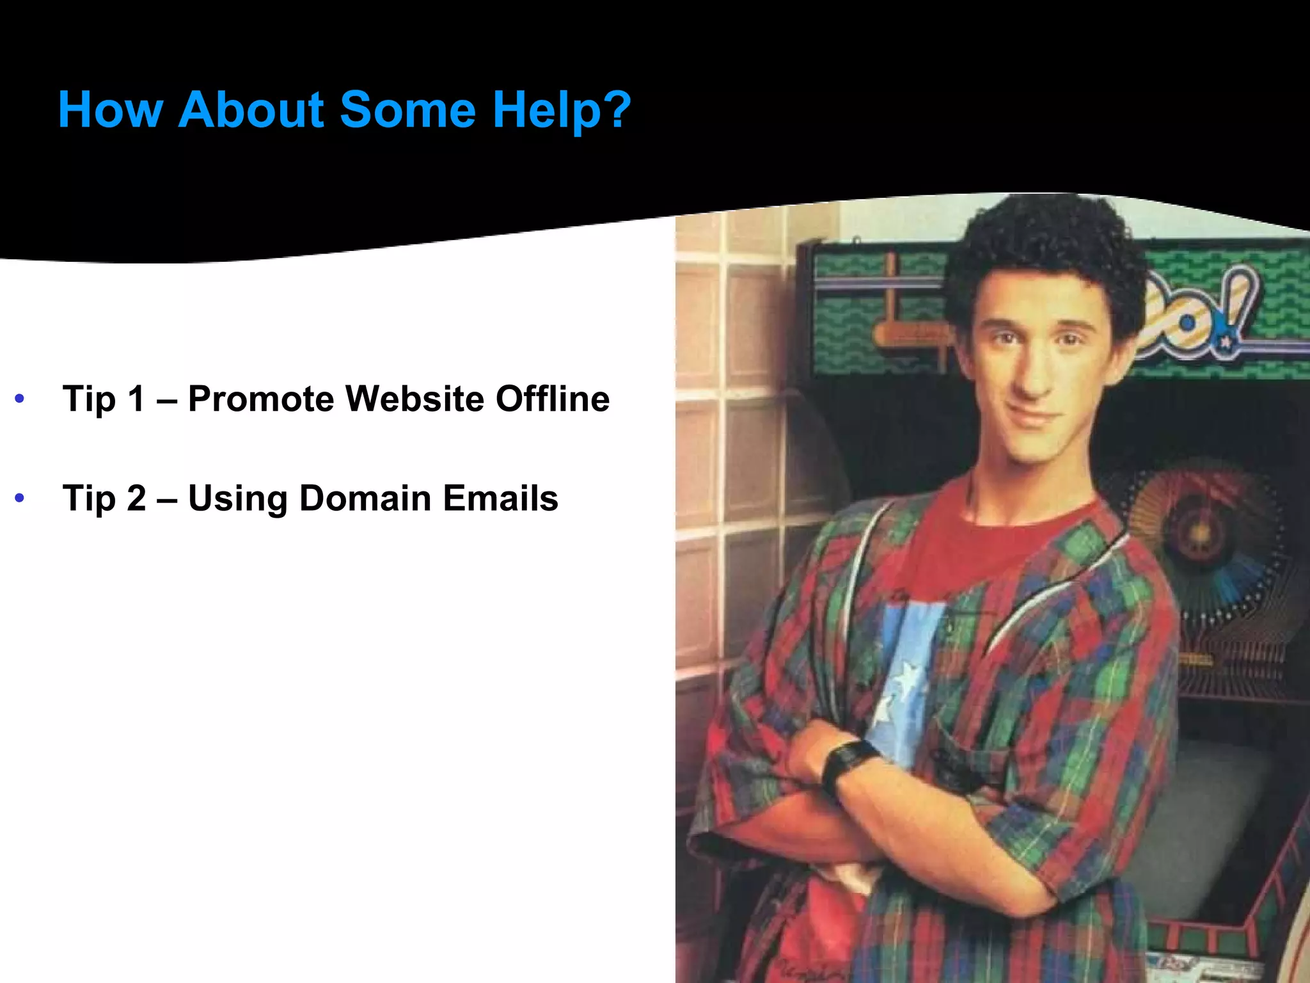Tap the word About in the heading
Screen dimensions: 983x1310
252,110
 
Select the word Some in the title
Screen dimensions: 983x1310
407,110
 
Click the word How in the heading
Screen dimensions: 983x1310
110,110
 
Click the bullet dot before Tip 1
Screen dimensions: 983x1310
20,399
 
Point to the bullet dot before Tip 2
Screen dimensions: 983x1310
20,498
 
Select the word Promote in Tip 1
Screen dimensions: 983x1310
261,399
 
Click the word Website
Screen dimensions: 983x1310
414,399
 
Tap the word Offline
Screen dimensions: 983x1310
553,399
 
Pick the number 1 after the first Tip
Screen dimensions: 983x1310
136,399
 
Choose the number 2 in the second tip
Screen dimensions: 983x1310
136,498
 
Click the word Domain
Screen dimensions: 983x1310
365,498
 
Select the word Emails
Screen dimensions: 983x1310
500,498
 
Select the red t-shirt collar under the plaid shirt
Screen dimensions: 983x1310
1023,512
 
